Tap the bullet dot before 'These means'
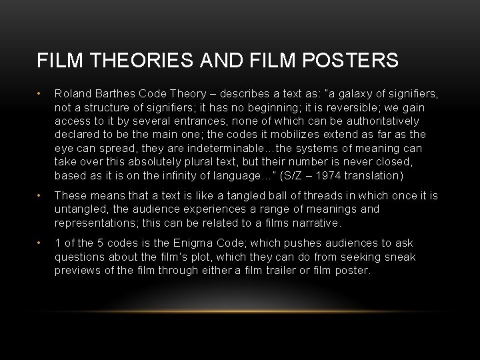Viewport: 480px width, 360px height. (40, 195)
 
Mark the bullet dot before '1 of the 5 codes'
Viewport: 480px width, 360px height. (40, 243)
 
